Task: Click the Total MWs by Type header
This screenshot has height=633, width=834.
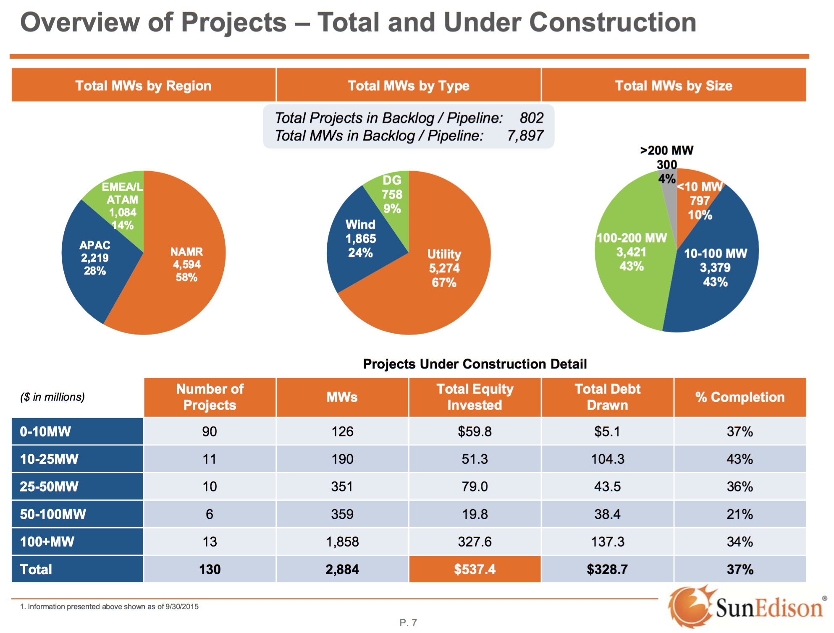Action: click(409, 85)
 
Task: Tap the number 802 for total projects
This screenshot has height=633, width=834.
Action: click(531, 118)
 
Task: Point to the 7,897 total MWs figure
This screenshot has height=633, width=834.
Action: click(525, 136)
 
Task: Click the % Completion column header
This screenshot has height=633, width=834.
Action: click(740, 397)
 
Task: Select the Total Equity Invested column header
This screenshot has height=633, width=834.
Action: click(475, 397)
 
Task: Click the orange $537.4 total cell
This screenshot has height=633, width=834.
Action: click(475, 569)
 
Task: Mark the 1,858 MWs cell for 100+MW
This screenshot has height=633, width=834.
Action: click(342, 541)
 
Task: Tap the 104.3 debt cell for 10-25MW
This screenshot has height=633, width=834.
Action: click(607, 459)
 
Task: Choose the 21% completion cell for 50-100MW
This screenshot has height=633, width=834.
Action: click(740, 514)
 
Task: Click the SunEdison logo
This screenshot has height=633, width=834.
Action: click(745, 607)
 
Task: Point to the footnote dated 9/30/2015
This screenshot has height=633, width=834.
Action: click(109, 607)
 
